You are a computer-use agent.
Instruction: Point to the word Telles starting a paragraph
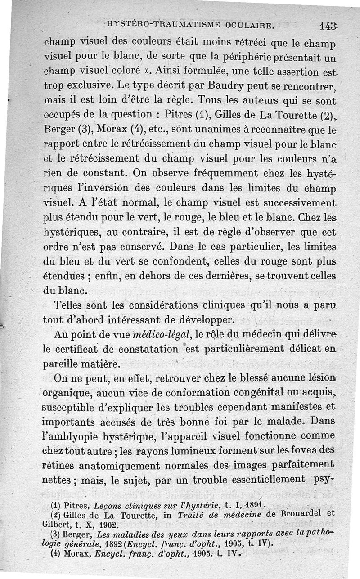pyautogui.click(x=72, y=305)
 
